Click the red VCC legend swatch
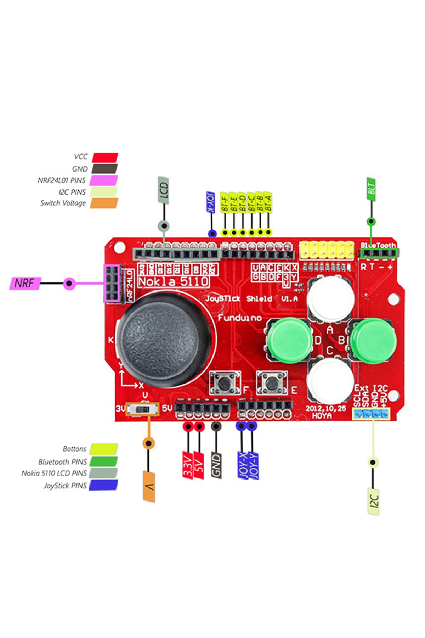click(105, 157)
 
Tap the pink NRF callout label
click(25, 283)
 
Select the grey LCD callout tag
click(163, 190)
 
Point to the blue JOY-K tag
click(211, 202)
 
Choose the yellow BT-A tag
click(268, 202)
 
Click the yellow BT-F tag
click(224, 202)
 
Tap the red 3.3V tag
click(188, 465)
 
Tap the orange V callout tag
click(149, 486)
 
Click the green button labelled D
click(290, 341)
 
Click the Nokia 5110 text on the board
click(173, 281)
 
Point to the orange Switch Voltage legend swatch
click(104, 203)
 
